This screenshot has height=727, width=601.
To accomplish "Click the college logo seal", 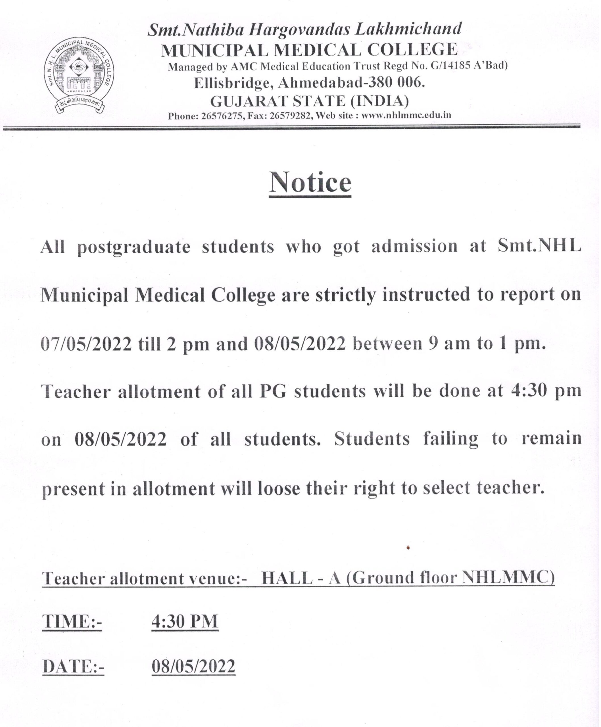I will [x=79, y=77].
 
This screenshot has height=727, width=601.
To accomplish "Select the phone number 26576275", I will [x=222, y=116].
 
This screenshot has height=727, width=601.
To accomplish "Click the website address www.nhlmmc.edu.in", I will [x=406, y=115].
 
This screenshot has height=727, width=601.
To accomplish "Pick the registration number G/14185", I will [x=450, y=66].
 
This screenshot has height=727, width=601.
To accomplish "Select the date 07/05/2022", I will [x=86, y=344].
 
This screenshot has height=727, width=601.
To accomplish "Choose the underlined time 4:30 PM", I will [x=185, y=621].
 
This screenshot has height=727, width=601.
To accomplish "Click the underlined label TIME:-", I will [x=72, y=621].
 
